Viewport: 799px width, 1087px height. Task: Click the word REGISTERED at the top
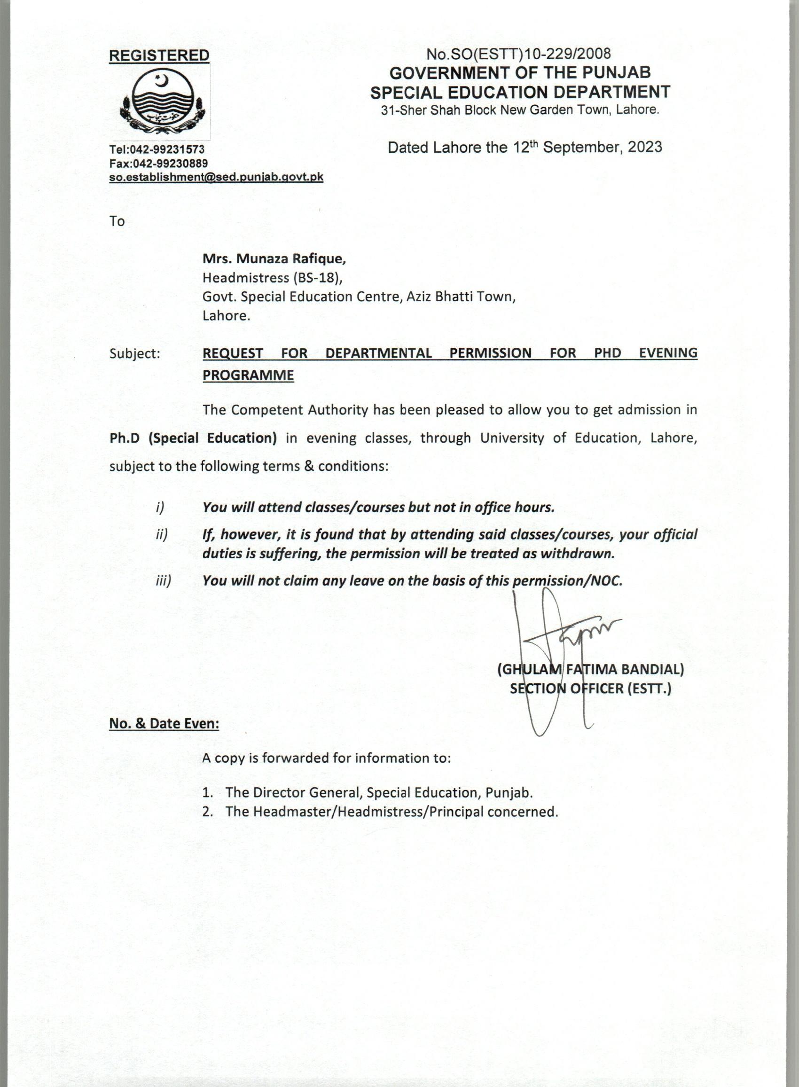click(159, 55)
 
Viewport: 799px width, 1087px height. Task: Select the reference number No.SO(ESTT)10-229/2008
click(519, 53)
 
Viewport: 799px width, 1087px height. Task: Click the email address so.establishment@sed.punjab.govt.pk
click(216, 177)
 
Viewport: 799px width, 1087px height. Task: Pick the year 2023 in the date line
click(645, 147)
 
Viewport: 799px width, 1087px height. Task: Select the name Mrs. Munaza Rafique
click(274, 259)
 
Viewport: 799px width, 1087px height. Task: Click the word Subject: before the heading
click(134, 353)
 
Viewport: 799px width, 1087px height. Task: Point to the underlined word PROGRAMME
click(248, 375)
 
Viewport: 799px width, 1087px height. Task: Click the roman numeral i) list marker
click(160, 507)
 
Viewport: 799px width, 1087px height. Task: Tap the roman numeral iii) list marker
click(164, 581)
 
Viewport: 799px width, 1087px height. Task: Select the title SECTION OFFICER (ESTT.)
click(590, 688)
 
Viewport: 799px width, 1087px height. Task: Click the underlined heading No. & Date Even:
click(164, 724)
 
